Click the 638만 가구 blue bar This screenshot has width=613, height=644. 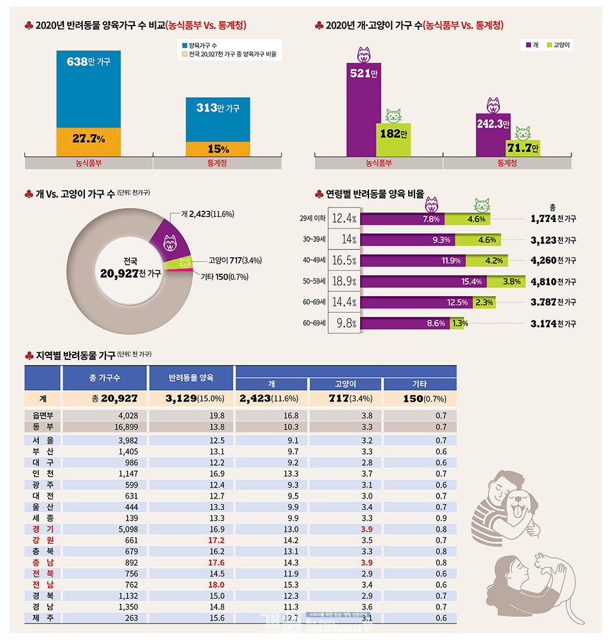pos(88,89)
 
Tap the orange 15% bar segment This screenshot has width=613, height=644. pos(218,149)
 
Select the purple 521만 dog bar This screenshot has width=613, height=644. pos(363,109)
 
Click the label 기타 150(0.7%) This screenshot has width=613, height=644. pos(224,277)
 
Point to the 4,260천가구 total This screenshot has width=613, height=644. pos(553,260)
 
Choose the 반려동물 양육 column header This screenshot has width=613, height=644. pos(192,377)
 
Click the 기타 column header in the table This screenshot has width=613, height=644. pos(420,384)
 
